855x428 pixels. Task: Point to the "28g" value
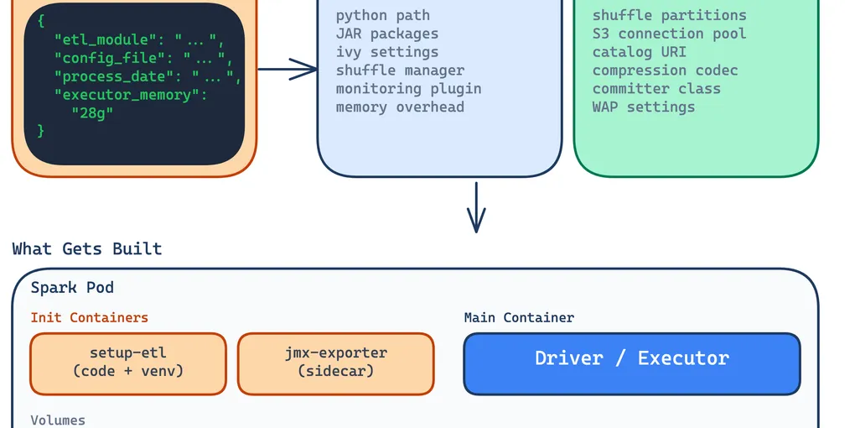(x=92, y=113)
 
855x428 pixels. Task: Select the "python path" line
(x=382, y=15)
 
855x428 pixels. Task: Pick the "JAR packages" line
(x=386, y=34)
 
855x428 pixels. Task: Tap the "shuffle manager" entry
(x=400, y=70)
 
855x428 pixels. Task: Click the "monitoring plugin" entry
(x=408, y=89)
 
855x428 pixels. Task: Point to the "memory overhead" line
(x=400, y=107)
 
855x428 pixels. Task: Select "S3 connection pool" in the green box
(x=669, y=34)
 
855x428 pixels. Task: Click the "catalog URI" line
(x=639, y=52)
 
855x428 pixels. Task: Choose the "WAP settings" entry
(x=643, y=107)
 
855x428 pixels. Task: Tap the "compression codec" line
(x=665, y=70)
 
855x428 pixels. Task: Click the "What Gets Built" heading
(x=87, y=249)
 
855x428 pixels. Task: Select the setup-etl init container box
(x=128, y=363)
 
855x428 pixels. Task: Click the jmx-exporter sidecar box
(x=335, y=363)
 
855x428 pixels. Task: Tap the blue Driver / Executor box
(x=632, y=363)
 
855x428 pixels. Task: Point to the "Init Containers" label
(x=89, y=318)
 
